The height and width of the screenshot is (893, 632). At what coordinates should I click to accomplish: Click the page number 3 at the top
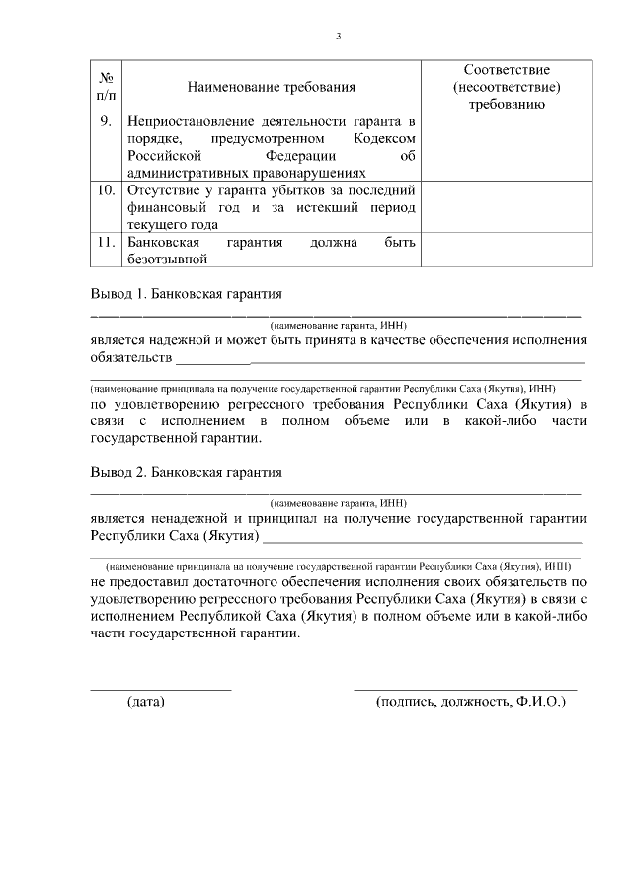coord(338,37)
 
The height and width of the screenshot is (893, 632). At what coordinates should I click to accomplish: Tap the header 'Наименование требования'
coord(271,88)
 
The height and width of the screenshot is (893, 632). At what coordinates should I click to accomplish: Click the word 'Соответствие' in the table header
coord(508,70)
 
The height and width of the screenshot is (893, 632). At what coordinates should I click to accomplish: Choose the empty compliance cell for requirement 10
coord(508,206)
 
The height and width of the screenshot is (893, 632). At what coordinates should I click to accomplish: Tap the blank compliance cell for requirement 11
coord(508,250)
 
